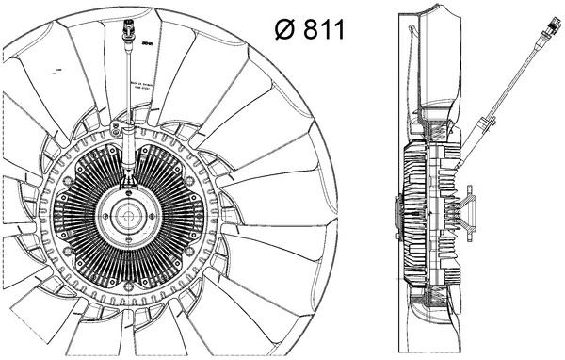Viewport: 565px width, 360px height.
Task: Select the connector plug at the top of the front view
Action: [x=126, y=39]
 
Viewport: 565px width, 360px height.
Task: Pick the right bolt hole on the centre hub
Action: [x=144, y=218]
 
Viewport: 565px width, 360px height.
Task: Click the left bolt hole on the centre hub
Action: [x=109, y=218]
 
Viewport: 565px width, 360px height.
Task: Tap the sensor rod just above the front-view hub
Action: [x=127, y=170]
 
